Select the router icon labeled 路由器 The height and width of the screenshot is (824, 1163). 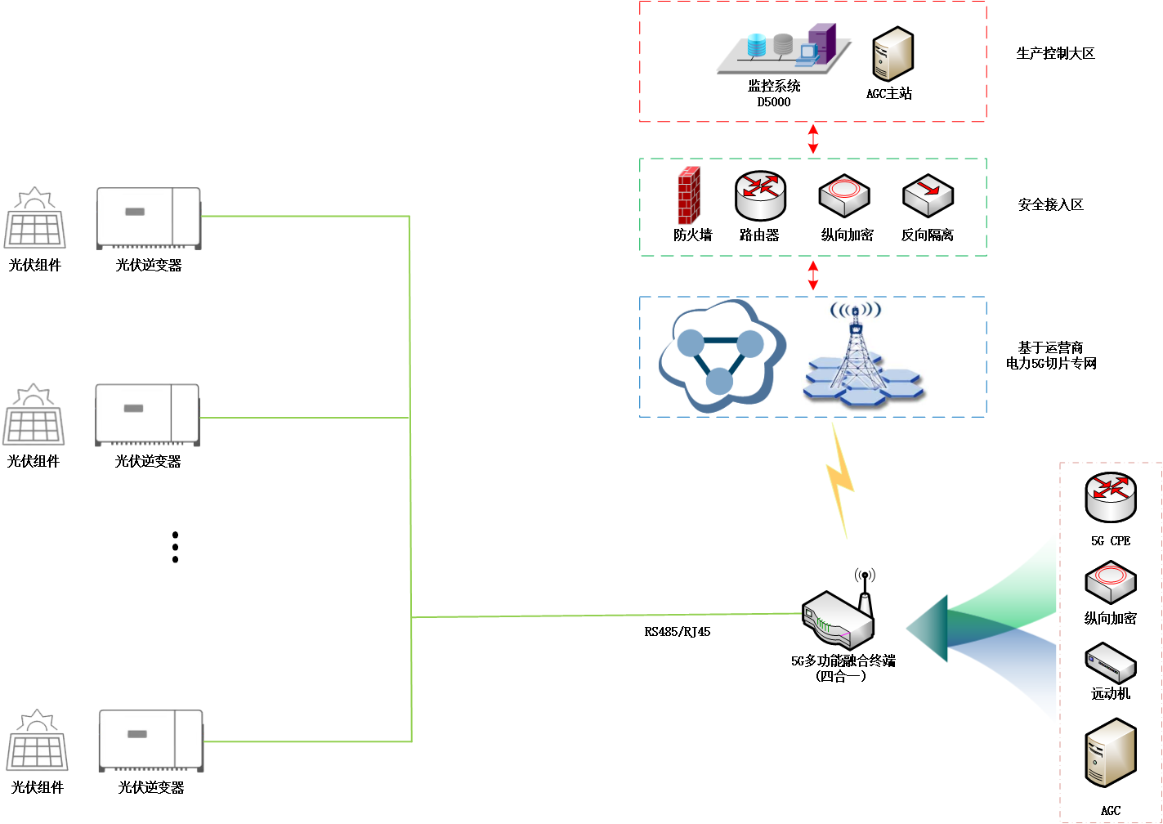tap(759, 195)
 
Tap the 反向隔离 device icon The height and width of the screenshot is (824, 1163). tap(928, 195)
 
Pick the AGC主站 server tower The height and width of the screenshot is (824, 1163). tap(892, 53)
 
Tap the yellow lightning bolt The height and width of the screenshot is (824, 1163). tap(840, 478)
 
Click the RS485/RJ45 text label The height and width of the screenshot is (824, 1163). tap(677, 632)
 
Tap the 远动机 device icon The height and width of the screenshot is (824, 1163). tap(1110, 663)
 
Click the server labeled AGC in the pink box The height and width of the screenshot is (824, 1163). tap(1110, 753)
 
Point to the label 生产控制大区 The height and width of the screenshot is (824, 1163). tap(1055, 54)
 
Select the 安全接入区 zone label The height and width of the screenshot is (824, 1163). tap(1050, 205)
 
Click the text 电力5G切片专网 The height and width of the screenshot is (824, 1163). tap(1051, 364)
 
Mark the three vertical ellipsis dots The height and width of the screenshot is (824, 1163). tap(175, 547)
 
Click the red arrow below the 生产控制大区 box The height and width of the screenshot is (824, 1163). tap(813, 139)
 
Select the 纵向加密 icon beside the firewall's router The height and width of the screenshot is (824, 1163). tap(843, 195)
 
